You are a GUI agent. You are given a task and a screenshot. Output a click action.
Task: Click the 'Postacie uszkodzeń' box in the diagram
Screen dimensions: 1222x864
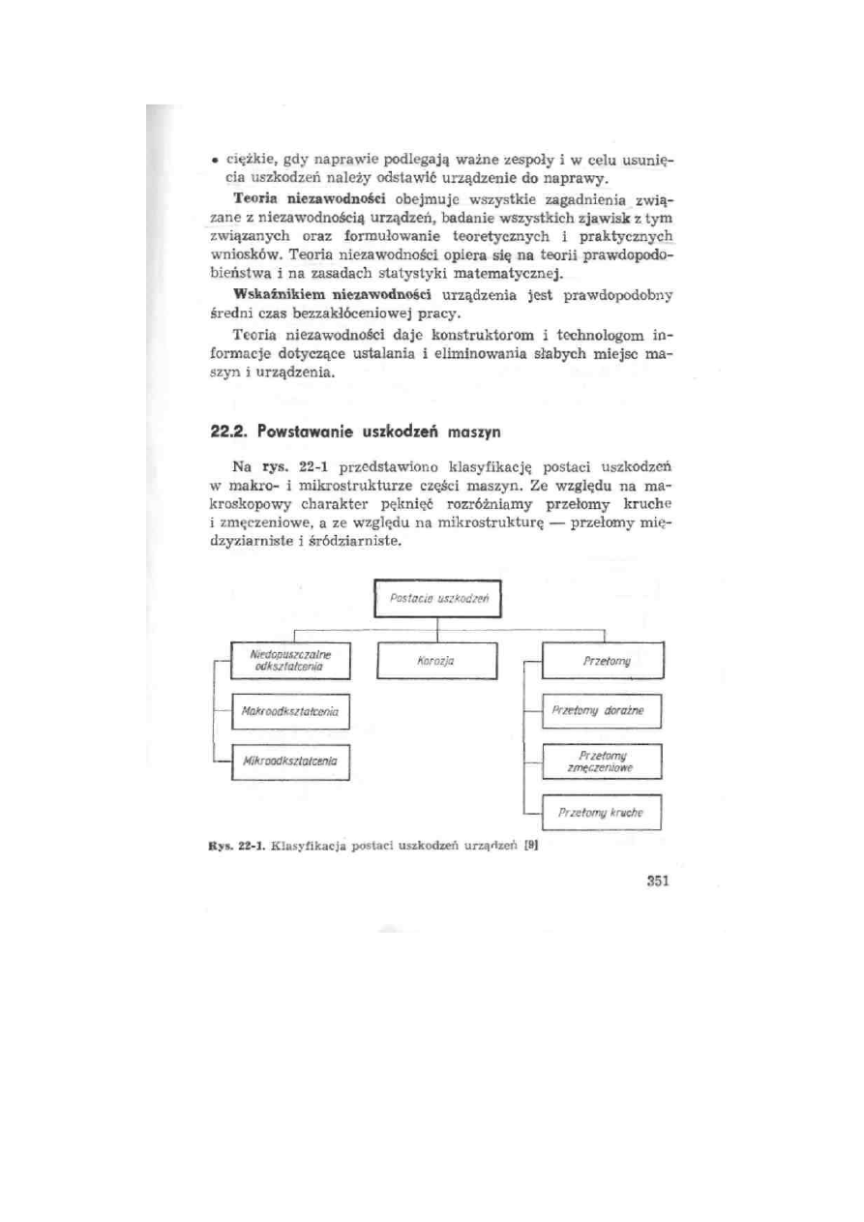pyautogui.click(x=440, y=600)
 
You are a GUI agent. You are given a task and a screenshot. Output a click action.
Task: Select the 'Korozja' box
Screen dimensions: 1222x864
pyautogui.click(x=440, y=662)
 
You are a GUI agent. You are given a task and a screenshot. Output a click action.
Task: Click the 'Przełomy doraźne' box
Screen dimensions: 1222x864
pyautogui.click(x=604, y=714)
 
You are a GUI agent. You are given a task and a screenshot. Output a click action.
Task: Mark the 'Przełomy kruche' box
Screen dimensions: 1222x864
pyautogui.click(x=604, y=815)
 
